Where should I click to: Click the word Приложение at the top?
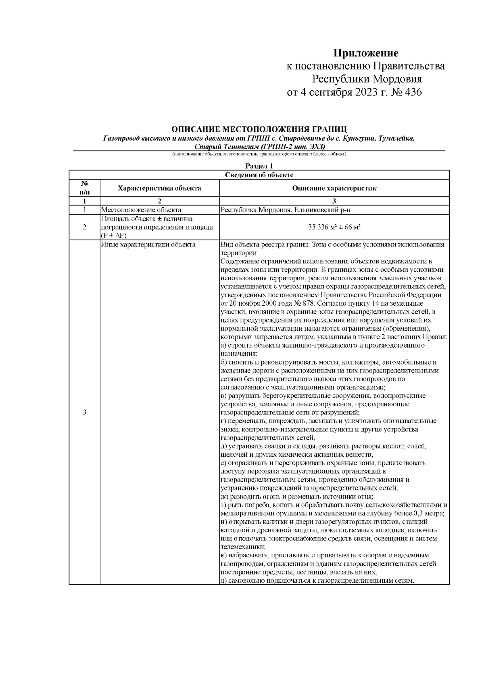365,53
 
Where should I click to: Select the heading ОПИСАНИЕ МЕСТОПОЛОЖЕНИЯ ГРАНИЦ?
259,129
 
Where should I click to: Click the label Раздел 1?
259,166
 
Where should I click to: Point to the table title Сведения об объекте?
259,175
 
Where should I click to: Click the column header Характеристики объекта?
159,188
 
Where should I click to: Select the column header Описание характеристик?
334,188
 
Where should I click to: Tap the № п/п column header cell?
84,188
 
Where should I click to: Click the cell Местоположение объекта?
141,210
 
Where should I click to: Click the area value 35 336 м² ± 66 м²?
334,227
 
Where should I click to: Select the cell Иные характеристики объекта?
148,244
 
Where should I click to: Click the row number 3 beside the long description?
84,412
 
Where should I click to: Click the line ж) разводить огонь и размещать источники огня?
297,497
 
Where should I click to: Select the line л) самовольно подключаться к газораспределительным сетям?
317,580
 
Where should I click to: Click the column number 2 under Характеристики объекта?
159,201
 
